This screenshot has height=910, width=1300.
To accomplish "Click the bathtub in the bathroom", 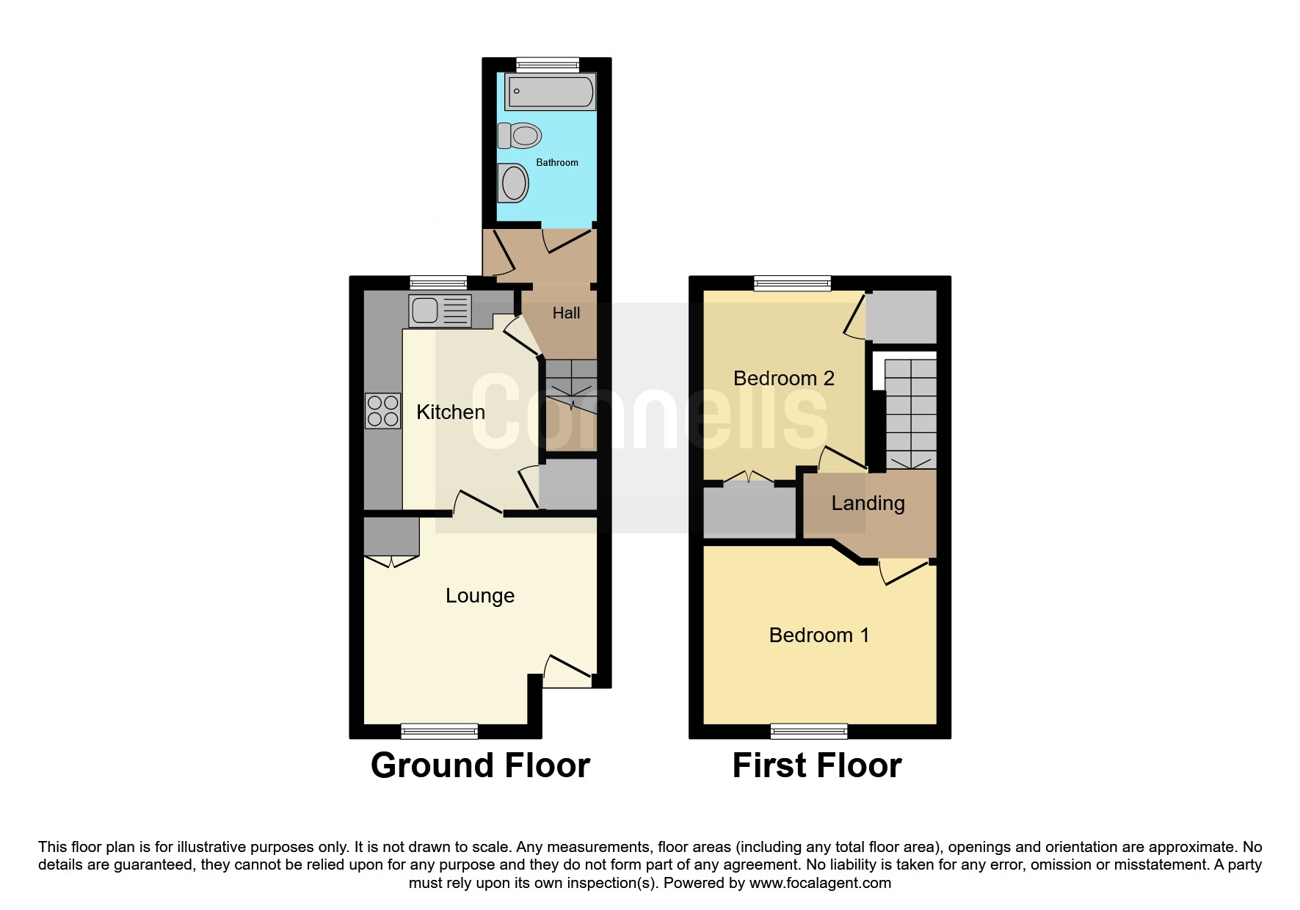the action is coord(550,91).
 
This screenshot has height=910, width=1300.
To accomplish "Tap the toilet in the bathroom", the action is coord(520,136).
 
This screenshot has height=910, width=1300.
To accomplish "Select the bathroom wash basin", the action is coord(513,182).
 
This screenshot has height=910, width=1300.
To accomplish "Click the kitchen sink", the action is coord(440,310).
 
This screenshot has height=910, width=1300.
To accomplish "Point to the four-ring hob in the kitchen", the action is coord(383,411).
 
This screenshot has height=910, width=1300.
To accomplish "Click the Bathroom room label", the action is coord(557,162).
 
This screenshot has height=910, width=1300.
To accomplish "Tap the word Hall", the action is coord(566,313).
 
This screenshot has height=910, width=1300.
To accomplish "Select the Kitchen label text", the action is coord(451,412).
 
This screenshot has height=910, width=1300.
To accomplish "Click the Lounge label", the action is coord(480,596).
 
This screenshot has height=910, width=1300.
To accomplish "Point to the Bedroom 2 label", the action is coord(784,379).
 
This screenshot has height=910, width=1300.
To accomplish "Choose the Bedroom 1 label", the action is coord(819,636).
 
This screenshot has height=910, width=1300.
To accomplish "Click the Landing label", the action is coord(868,504).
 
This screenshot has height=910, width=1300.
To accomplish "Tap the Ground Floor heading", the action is coord(480,765).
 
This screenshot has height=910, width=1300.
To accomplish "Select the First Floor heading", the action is coord(817,765).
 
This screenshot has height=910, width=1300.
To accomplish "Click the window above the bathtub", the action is coord(548,65).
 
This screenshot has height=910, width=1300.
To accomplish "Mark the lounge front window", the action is coord(440,731).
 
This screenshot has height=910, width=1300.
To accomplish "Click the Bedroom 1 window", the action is coord(809,731).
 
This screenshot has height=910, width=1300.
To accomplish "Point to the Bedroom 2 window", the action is coord(793,283).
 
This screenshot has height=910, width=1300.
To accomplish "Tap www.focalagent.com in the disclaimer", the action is coord(820,884).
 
